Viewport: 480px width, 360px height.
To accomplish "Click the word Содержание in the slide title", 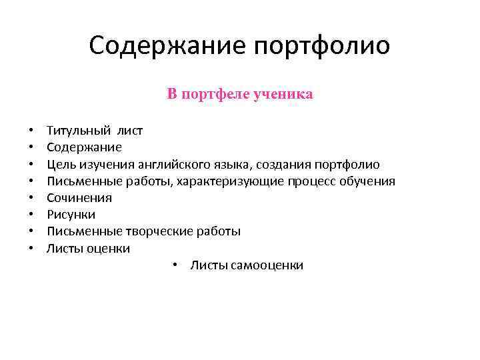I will [167, 46].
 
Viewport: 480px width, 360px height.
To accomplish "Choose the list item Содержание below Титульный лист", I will [84, 147].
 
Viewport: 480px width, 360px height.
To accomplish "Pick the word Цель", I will [60, 165].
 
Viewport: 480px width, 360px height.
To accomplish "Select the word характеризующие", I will [231, 181].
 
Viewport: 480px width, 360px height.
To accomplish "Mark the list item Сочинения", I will [79, 198].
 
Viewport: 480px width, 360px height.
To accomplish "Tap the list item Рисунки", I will [71, 215].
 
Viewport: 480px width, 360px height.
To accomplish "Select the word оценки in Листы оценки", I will [107, 249].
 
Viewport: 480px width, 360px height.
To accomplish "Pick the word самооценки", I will [265, 265].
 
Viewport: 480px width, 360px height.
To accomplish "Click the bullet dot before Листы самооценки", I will [173, 265].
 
